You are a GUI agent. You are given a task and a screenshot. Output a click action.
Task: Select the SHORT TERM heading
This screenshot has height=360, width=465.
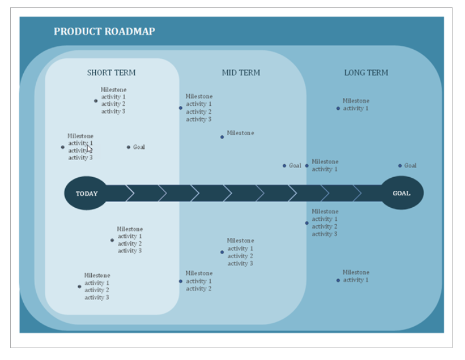click(x=111, y=72)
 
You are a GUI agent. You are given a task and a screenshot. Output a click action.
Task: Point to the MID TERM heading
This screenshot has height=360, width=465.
click(x=241, y=72)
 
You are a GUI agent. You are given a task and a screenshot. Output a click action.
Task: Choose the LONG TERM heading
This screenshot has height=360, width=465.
click(x=366, y=72)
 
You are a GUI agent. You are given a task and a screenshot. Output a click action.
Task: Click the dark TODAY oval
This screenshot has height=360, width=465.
click(x=86, y=193)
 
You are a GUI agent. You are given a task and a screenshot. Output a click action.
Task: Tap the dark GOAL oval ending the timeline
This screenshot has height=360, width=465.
click(x=402, y=193)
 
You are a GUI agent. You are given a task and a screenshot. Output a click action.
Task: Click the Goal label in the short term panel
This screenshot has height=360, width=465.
click(x=139, y=147)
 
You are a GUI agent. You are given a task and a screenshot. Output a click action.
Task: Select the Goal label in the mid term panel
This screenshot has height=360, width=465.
click(x=295, y=166)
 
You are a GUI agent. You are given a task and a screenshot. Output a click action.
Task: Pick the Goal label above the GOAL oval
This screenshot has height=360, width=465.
click(x=410, y=166)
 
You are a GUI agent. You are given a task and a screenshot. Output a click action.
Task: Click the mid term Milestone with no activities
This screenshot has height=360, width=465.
click(x=240, y=133)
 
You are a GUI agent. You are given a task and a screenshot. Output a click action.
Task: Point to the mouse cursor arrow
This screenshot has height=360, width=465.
click(x=89, y=149)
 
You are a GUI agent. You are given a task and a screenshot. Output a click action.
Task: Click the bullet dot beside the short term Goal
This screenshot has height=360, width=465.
click(x=129, y=147)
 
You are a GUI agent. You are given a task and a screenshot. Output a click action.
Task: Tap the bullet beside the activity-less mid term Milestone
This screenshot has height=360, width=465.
click(x=222, y=137)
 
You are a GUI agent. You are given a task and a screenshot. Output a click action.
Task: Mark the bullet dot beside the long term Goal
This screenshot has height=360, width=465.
click(x=400, y=166)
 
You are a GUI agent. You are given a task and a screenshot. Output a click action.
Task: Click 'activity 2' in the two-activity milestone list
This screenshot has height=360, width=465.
click(x=198, y=289)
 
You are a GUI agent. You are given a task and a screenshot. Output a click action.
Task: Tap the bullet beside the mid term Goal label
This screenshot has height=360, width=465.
click(x=284, y=166)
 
